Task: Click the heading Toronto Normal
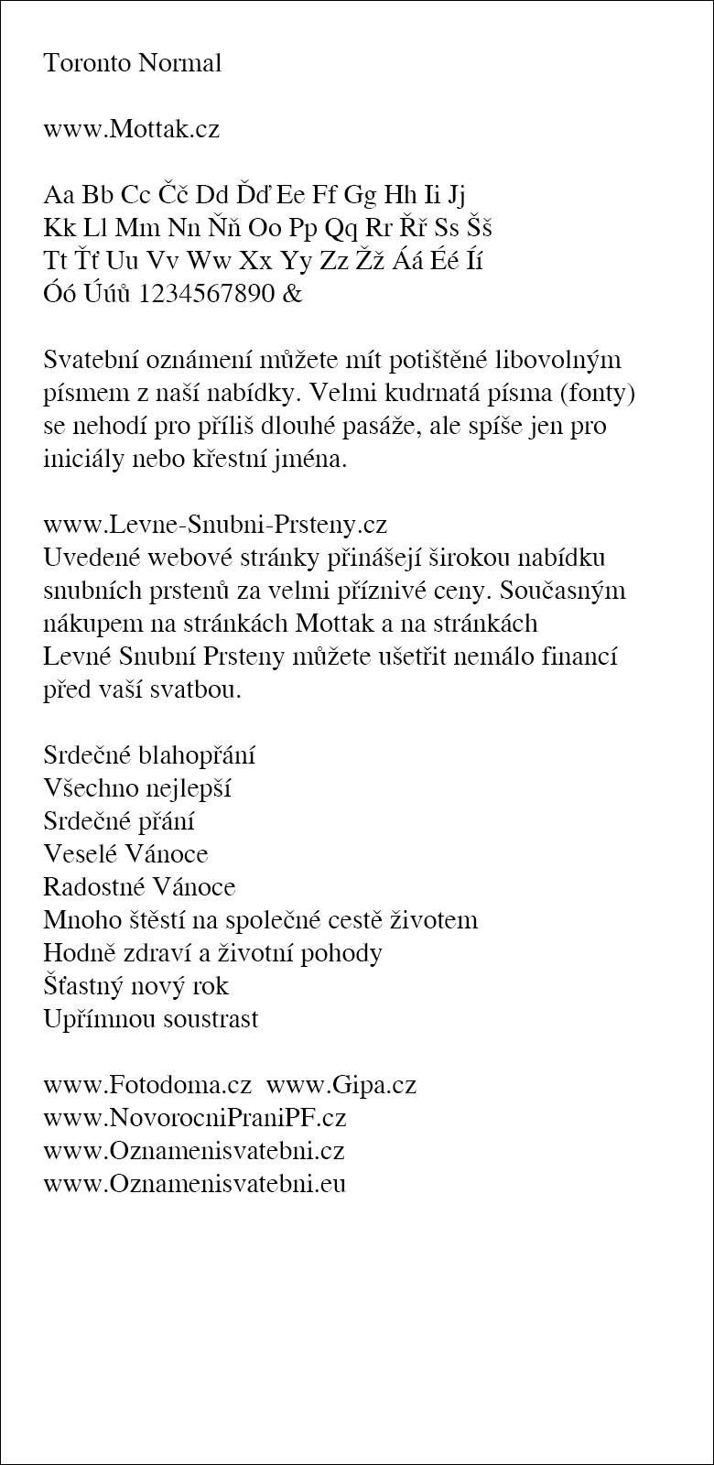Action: click(132, 64)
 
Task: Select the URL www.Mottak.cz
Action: click(131, 129)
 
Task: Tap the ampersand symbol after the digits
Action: click(293, 295)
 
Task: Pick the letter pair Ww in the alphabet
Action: click(210, 262)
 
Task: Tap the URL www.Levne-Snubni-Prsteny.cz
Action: click(215, 526)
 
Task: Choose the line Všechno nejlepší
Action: click(136, 789)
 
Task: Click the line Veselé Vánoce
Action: click(125, 854)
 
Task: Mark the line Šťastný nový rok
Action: click(135, 986)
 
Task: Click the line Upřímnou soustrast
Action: click(151, 1019)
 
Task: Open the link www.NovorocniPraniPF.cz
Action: click(194, 1119)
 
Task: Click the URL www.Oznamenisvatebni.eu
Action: click(194, 1184)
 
